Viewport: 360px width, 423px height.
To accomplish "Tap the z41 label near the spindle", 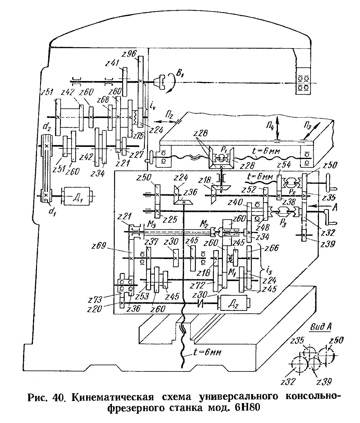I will pos(112,63).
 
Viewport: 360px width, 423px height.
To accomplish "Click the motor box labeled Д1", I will pos(76,196).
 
